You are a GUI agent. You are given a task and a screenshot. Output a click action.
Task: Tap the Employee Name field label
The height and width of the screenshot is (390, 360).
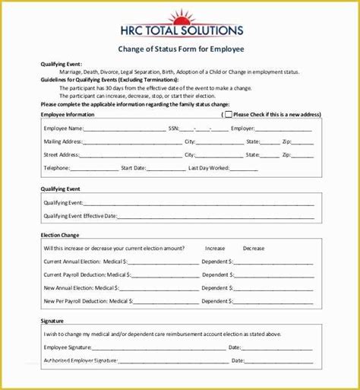(x=63, y=128)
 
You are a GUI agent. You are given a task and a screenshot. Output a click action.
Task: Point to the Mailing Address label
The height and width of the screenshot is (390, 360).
(x=63, y=141)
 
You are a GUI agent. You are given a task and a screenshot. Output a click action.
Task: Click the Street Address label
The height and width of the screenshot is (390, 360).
(x=62, y=154)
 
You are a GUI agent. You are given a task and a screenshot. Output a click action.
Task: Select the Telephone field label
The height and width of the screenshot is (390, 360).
(x=58, y=167)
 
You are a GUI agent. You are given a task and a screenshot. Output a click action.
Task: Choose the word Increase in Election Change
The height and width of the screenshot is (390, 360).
(x=215, y=249)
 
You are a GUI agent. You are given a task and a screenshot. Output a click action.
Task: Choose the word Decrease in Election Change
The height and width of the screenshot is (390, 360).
(x=254, y=249)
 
